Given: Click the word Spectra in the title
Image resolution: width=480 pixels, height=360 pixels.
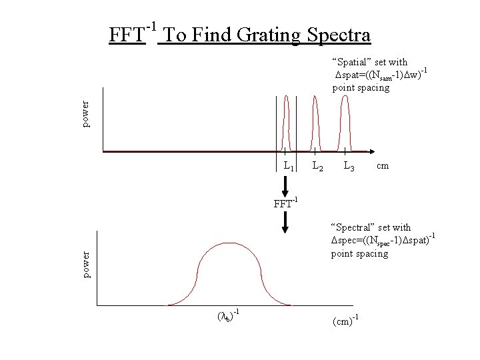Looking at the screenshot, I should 338,34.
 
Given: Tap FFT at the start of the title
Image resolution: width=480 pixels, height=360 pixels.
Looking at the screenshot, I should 127,34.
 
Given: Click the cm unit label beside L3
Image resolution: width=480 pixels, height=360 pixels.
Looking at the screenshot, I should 383,165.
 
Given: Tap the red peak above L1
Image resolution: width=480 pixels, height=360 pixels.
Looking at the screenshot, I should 286,120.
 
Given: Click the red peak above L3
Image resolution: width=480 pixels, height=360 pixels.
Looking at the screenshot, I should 345,120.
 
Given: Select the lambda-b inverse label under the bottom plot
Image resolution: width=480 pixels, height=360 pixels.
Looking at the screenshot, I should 227,316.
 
